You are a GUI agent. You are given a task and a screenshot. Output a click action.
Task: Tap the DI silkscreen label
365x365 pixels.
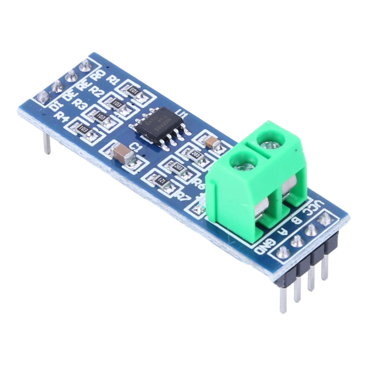coord(56,106)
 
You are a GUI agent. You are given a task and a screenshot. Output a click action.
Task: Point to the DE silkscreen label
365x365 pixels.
coord(69,96)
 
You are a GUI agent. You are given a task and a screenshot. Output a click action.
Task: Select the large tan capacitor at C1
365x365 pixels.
coord(120,152)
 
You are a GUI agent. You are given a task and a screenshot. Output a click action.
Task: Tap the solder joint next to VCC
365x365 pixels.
coord(323,219)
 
